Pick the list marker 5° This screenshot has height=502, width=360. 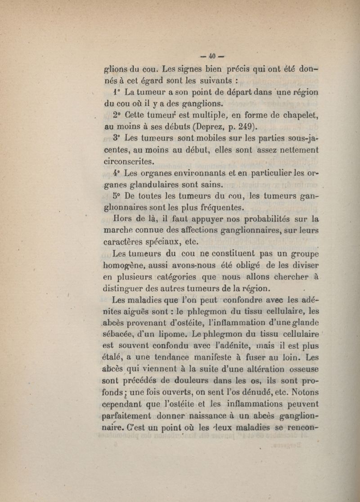[x=117, y=196]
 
